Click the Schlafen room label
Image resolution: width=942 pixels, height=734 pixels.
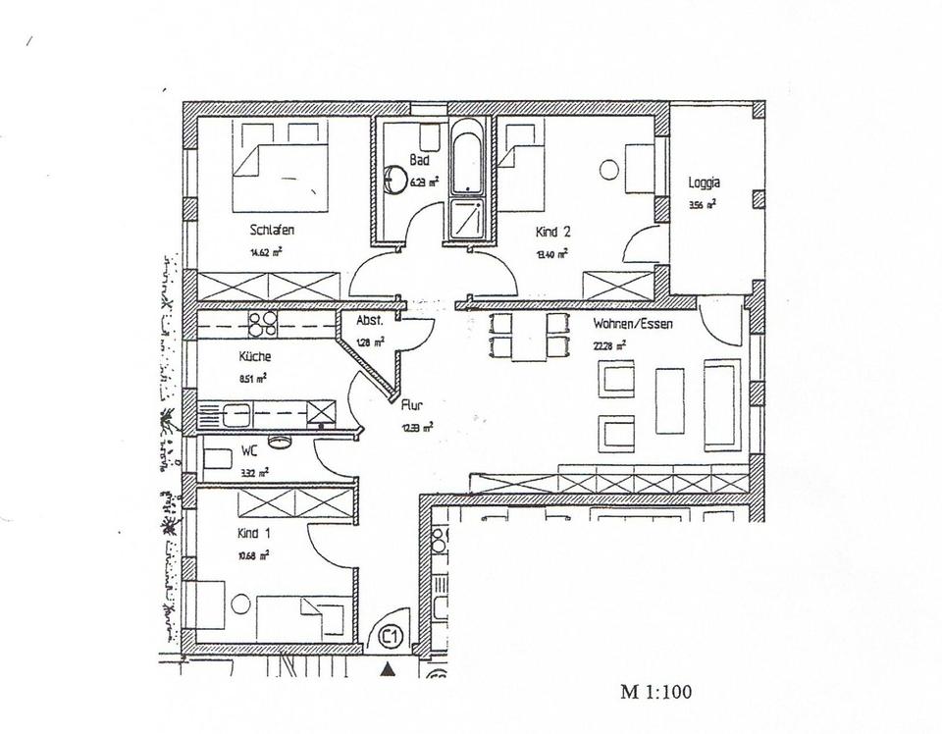(x=272, y=232)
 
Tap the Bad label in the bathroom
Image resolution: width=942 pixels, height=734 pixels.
(x=419, y=159)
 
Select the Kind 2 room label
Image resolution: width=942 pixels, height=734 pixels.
(x=552, y=233)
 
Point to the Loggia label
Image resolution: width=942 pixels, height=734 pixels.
(x=705, y=183)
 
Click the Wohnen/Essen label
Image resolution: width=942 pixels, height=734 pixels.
(x=632, y=323)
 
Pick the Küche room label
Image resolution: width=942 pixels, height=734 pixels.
(x=254, y=357)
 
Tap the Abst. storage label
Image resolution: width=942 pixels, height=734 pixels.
(x=369, y=322)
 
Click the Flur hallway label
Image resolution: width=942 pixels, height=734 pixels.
(x=411, y=402)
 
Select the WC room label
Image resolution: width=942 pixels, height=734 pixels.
(x=250, y=453)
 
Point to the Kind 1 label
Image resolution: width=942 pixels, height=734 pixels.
(x=254, y=534)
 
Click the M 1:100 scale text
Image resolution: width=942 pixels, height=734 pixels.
(x=655, y=691)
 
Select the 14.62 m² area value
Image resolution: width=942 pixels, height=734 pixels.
(x=266, y=252)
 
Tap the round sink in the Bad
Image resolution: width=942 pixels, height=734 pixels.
(x=396, y=178)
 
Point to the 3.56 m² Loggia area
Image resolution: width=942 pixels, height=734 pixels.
(x=703, y=205)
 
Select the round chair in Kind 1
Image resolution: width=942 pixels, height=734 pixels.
(x=240, y=604)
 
